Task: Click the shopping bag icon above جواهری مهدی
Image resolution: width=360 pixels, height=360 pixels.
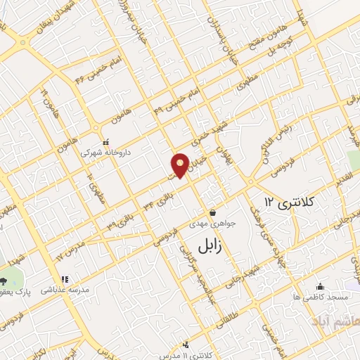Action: (212, 212)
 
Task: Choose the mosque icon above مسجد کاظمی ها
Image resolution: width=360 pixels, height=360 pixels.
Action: (321, 286)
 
